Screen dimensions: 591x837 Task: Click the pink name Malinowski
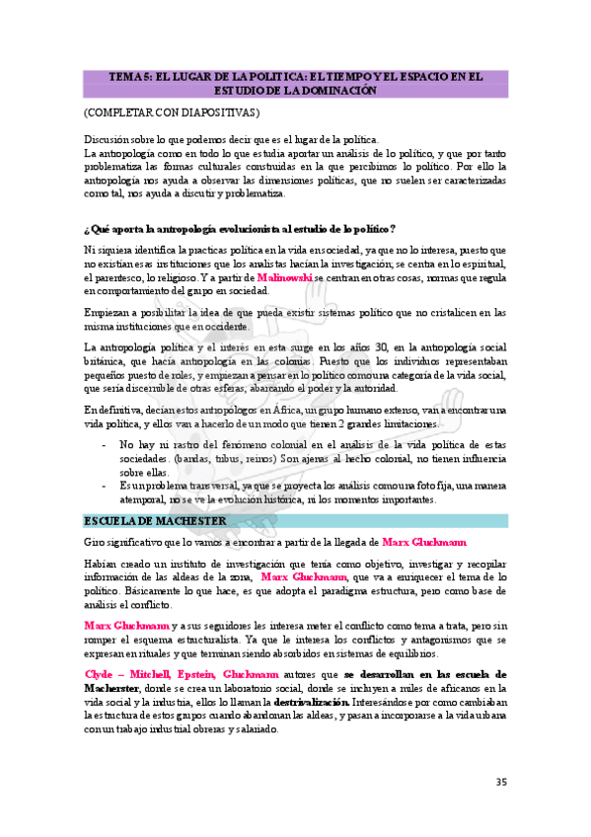pyautogui.click(x=284, y=278)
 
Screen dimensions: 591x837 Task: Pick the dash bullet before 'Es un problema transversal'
pyautogui.click(x=106, y=487)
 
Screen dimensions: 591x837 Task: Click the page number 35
pyautogui.click(x=501, y=783)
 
